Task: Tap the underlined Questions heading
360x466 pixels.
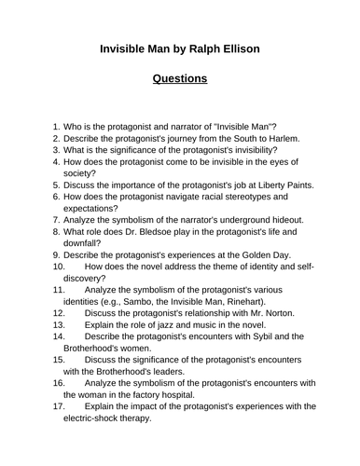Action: (180, 78)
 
